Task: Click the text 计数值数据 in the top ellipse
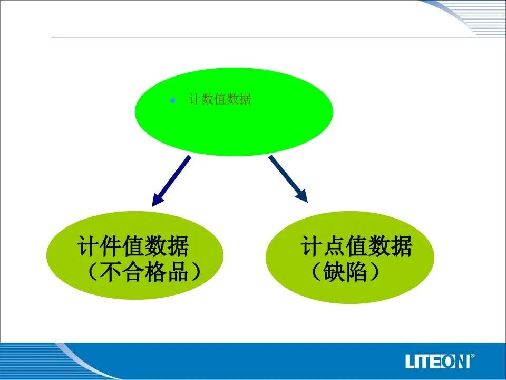pyautogui.click(x=220, y=99)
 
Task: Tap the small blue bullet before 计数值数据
pyautogui.click(x=173, y=100)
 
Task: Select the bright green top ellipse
pyautogui.click(x=233, y=112)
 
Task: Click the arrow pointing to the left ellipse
pyautogui.click(x=171, y=181)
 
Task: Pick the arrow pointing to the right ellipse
pyautogui.click(x=288, y=179)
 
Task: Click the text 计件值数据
pyautogui.click(x=133, y=246)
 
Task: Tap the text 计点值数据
pyautogui.click(x=356, y=246)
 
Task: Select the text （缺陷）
pyautogui.click(x=345, y=271)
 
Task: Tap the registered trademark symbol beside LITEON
pyautogui.click(x=473, y=356)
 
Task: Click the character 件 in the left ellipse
pyautogui.click(x=110, y=246)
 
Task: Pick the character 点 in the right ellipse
pyautogui.click(x=334, y=246)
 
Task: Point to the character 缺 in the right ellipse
pyautogui.click(x=334, y=271)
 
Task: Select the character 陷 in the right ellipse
pyautogui.click(x=356, y=271)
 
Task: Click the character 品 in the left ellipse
pyautogui.click(x=178, y=271)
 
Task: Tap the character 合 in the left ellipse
pyautogui.click(x=133, y=271)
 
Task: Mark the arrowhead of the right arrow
pyautogui.click(x=303, y=196)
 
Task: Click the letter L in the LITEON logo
pyautogui.click(x=410, y=361)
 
